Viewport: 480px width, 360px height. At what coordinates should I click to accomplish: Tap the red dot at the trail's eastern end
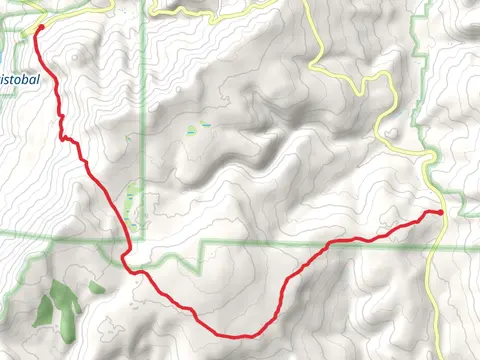click(x=441, y=212)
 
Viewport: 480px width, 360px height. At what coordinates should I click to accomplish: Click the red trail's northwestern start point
click(x=38, y=29)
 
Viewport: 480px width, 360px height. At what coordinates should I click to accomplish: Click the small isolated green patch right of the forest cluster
click(x=96, y=287)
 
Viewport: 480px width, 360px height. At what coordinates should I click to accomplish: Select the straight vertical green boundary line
click(x=145, y=120)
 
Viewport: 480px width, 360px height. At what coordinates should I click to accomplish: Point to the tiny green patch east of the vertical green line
click(x=193, y=130)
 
